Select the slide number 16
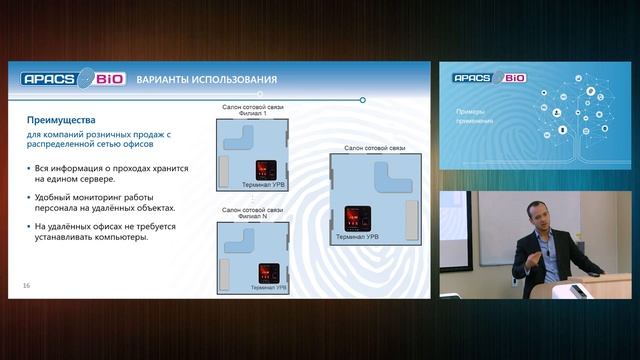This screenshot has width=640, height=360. (x=26, y=287)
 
